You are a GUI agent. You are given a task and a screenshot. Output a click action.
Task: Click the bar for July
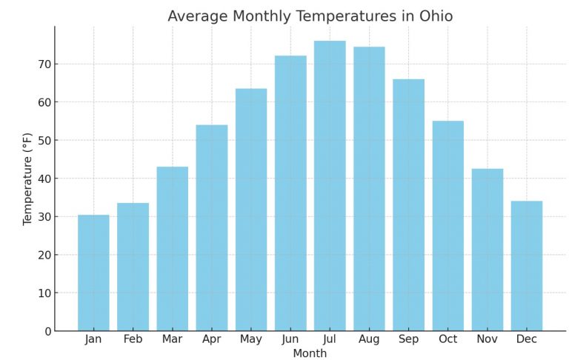click(x=330, y=185)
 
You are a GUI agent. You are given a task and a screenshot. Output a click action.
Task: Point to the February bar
click(x=133, y=267)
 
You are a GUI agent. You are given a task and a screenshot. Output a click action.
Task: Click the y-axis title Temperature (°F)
click(x=28, y=179)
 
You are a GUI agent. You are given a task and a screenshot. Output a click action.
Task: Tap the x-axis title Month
click(x=310, y=353)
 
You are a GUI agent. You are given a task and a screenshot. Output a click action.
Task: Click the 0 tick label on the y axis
click(x=46, y=331)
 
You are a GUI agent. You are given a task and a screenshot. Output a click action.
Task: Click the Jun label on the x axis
click(x=290, y=339)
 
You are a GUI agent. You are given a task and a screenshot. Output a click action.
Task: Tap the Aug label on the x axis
click(x=369, y=339)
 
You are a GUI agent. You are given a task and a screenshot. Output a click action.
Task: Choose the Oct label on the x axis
click(x=447, y=339)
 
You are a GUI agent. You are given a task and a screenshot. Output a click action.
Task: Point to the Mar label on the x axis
click(x=172, y=339)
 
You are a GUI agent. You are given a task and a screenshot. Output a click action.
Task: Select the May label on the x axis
click(x=251, y=339)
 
